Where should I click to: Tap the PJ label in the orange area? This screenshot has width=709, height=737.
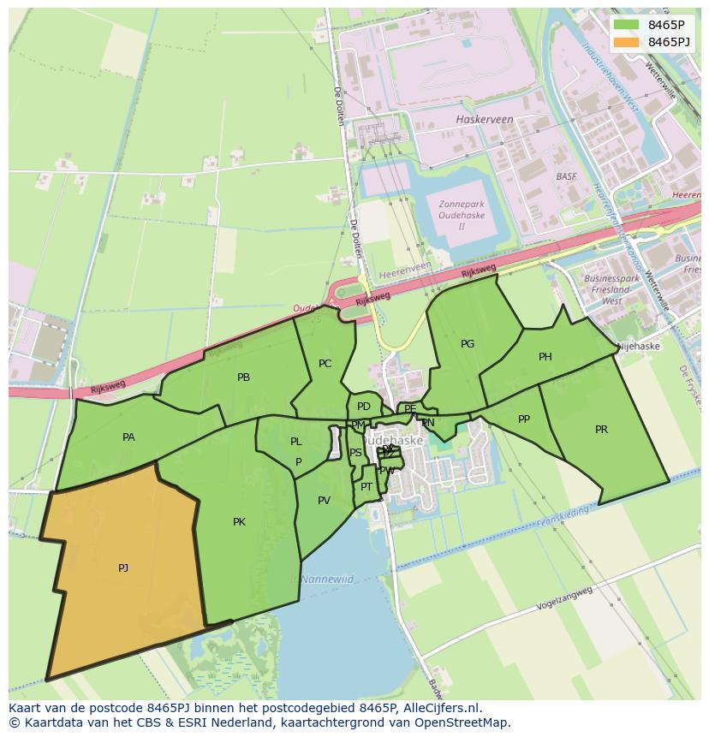123,568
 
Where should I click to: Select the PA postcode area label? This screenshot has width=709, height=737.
128,437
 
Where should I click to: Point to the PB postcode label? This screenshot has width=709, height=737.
243,377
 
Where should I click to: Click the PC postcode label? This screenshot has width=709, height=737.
325,364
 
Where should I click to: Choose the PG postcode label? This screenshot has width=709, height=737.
467,344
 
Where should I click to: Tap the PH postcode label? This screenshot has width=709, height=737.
545,357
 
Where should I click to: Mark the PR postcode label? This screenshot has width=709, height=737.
601,430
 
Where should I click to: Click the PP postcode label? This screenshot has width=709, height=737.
524,419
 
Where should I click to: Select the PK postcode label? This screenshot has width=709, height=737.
239,521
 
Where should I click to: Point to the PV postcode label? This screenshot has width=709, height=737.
324,501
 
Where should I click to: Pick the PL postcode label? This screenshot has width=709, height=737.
295,442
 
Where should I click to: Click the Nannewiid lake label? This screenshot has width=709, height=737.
327,579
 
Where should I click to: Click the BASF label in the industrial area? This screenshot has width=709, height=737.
566,176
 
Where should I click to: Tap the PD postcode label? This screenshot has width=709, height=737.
364,407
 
